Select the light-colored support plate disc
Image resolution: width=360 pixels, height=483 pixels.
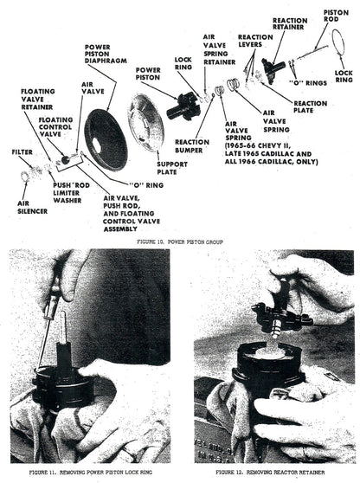pos(145,123)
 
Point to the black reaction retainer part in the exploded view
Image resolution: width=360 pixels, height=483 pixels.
pos(273,70)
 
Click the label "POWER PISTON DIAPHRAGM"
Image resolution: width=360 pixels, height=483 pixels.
pos(106,54)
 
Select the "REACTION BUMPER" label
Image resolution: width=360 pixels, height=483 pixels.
pos(192,146)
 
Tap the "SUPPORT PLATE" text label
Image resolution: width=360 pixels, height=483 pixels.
pos(172,168)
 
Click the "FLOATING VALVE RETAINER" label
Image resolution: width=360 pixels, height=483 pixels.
pos(38,100)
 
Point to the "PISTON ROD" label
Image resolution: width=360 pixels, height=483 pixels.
pos(336,16)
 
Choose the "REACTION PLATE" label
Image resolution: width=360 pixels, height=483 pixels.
pos(310,106)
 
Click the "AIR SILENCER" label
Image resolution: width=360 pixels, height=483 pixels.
pos(32,207)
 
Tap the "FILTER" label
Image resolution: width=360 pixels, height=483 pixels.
pos(22,151)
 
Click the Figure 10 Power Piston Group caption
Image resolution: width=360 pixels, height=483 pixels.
pos(180,242)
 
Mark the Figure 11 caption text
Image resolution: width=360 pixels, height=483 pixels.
pos(91,472)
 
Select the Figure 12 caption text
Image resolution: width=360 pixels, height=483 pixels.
pos(270,472)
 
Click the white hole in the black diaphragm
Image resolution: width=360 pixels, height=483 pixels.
pos(96,145)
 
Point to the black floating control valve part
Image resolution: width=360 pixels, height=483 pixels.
pos(65,160)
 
